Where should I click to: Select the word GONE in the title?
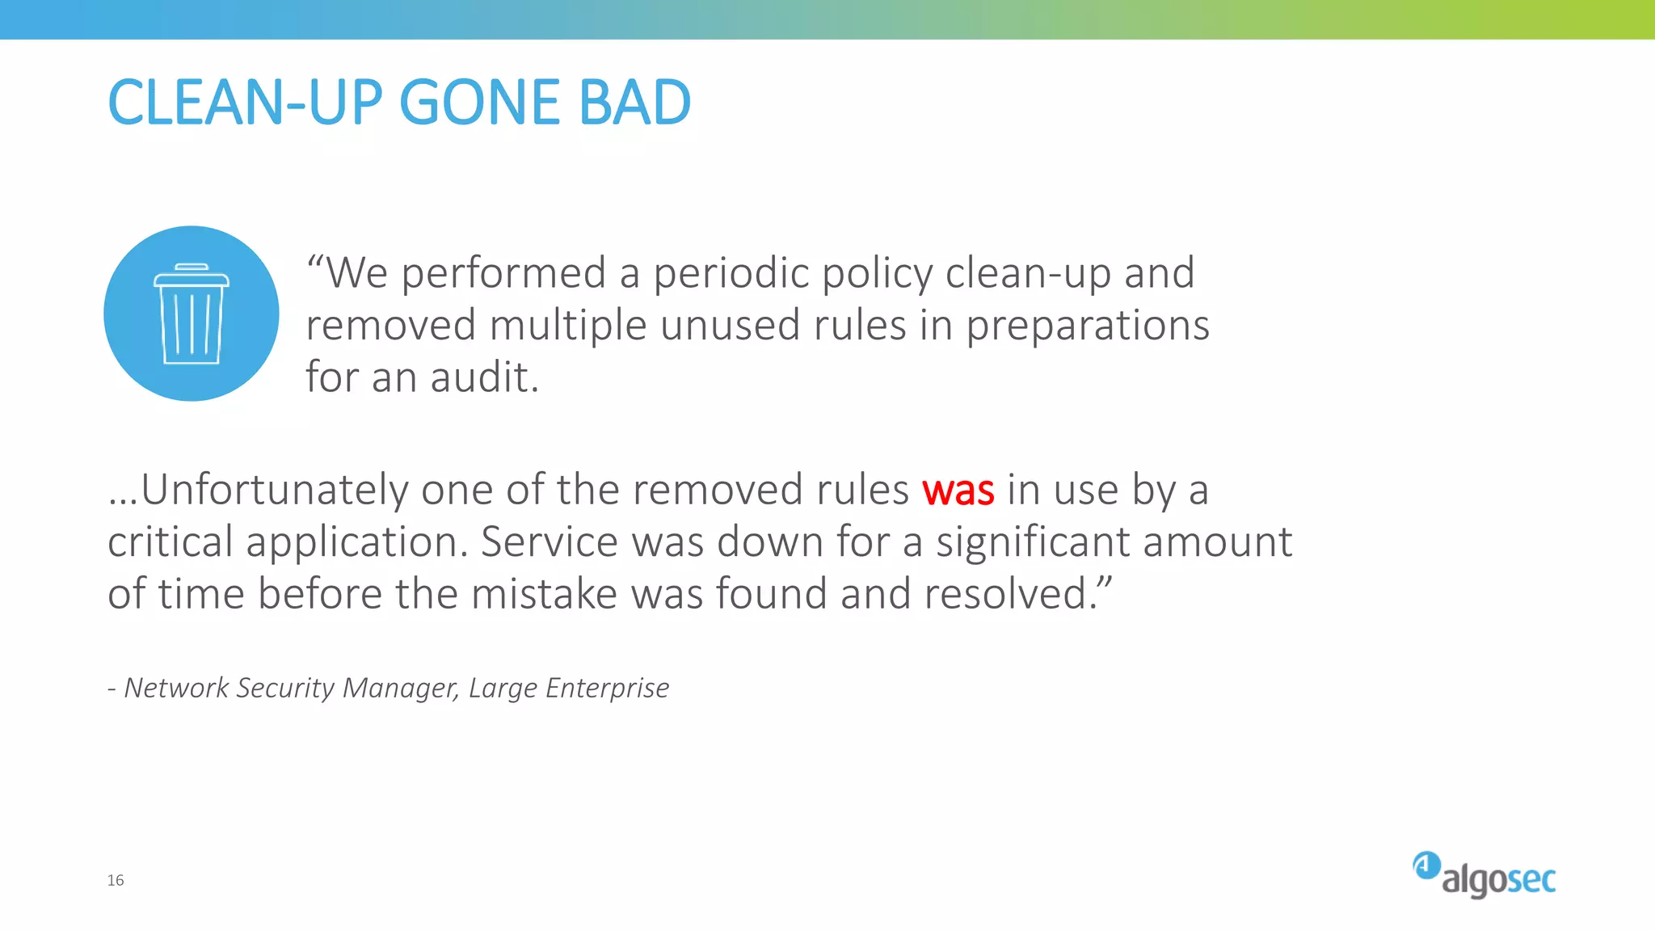click(x=478, y=103)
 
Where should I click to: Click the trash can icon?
click(x=192, y=315)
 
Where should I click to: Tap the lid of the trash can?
click(x=192, y=276)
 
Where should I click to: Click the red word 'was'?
click(x=958, y=491)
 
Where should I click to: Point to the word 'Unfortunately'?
click(x=275, y=491)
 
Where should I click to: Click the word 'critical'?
click(x=171, y=542)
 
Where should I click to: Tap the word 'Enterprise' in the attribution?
click(x=607, y=688)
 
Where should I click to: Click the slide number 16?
click(x=116, y=880)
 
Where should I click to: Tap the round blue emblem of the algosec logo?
click(x=1426, y=866)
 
